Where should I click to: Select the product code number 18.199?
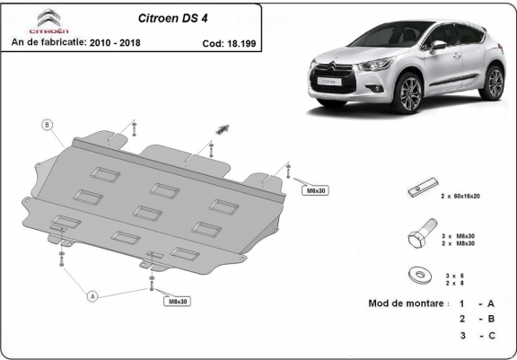[241, 42]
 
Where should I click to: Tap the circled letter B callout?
[48, 125]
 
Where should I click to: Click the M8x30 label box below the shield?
[178, 301]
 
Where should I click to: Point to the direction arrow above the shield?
[219, 131]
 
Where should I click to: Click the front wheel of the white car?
[411, 92]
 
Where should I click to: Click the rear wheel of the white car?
[493, 83]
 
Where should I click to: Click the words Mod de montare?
[408, 303]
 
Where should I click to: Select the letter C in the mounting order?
[492, 335]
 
